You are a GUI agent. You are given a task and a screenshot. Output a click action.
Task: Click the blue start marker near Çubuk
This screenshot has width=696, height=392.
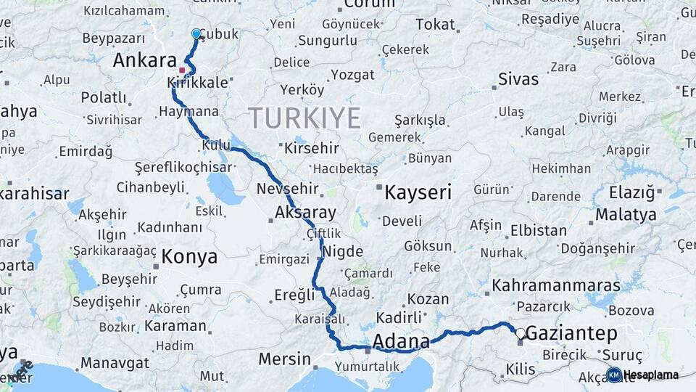coord(196,33)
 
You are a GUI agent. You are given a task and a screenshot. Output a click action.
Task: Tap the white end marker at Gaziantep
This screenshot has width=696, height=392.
coord(520,333)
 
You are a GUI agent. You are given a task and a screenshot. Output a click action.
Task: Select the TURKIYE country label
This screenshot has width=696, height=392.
coord(304,118)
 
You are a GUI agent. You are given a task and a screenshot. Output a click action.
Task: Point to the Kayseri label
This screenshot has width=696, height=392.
coord(418,192)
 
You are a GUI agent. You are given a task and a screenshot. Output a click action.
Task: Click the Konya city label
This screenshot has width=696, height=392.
coord(189,256)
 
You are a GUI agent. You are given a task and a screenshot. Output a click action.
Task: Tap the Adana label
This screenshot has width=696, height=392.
coord(400,341)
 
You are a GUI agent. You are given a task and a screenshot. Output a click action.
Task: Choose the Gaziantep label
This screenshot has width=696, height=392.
coord(571,334)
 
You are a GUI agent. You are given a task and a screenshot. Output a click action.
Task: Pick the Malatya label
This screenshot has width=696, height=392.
coord(626,215)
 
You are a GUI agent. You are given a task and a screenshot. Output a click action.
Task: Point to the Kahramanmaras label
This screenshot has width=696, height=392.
coord(556,285)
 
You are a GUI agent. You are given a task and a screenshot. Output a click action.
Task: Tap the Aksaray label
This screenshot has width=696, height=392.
coord(306,213)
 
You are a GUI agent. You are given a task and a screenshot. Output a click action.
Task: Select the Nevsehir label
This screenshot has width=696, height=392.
coord(288,189)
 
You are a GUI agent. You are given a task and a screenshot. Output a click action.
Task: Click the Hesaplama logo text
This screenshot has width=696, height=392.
coord(652,375)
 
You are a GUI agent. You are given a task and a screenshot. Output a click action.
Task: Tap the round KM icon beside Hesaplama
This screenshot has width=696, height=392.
coord(613,375)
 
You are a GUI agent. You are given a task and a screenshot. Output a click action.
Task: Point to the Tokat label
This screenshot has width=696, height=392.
coord(435,25)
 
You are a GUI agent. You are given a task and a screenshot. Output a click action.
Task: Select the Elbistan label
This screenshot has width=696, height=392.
coord(539,231)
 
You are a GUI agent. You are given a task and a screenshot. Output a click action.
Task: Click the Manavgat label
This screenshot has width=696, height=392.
coord(115,362)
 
